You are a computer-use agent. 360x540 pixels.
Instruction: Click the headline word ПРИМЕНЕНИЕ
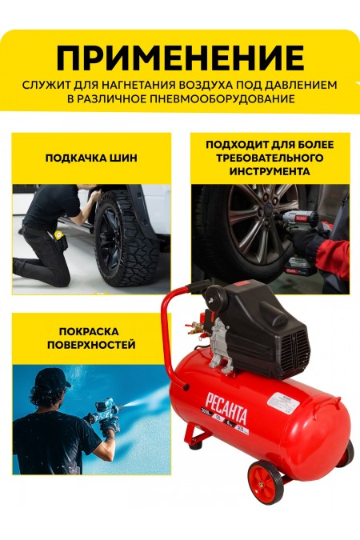(180, 58)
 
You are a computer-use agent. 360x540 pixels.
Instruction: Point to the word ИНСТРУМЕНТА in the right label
(269, 171)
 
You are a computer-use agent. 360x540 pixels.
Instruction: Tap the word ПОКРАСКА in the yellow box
(90, 330)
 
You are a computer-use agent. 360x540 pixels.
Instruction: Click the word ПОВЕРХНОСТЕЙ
(90, 345)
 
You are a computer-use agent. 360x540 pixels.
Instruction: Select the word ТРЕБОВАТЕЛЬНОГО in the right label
(269, 158)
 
